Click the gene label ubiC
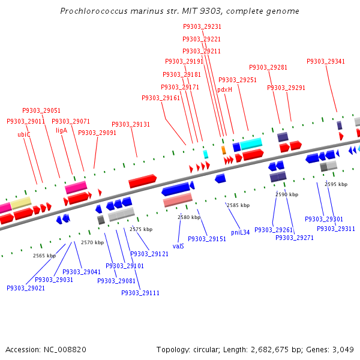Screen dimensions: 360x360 (24, 134)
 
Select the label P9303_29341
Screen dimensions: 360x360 (326, 61)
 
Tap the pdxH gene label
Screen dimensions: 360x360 (224, 89)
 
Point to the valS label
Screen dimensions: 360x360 (178, 246)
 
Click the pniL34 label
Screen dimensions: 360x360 (240, 232)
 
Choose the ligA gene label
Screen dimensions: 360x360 (62, 130)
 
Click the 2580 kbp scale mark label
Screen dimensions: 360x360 (188, 217)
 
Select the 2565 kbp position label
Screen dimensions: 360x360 (44, 256)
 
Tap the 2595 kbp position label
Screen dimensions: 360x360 (336, 184)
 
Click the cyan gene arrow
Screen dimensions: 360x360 (251, 143)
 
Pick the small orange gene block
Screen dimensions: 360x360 (224, 149)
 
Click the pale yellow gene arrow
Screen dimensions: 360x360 (21, 203)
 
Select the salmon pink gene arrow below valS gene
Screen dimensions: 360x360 (178, 199)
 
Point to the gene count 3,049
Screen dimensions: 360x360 (342, 349)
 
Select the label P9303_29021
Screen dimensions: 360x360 (26, 288)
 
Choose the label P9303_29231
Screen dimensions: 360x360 (202, 27)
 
